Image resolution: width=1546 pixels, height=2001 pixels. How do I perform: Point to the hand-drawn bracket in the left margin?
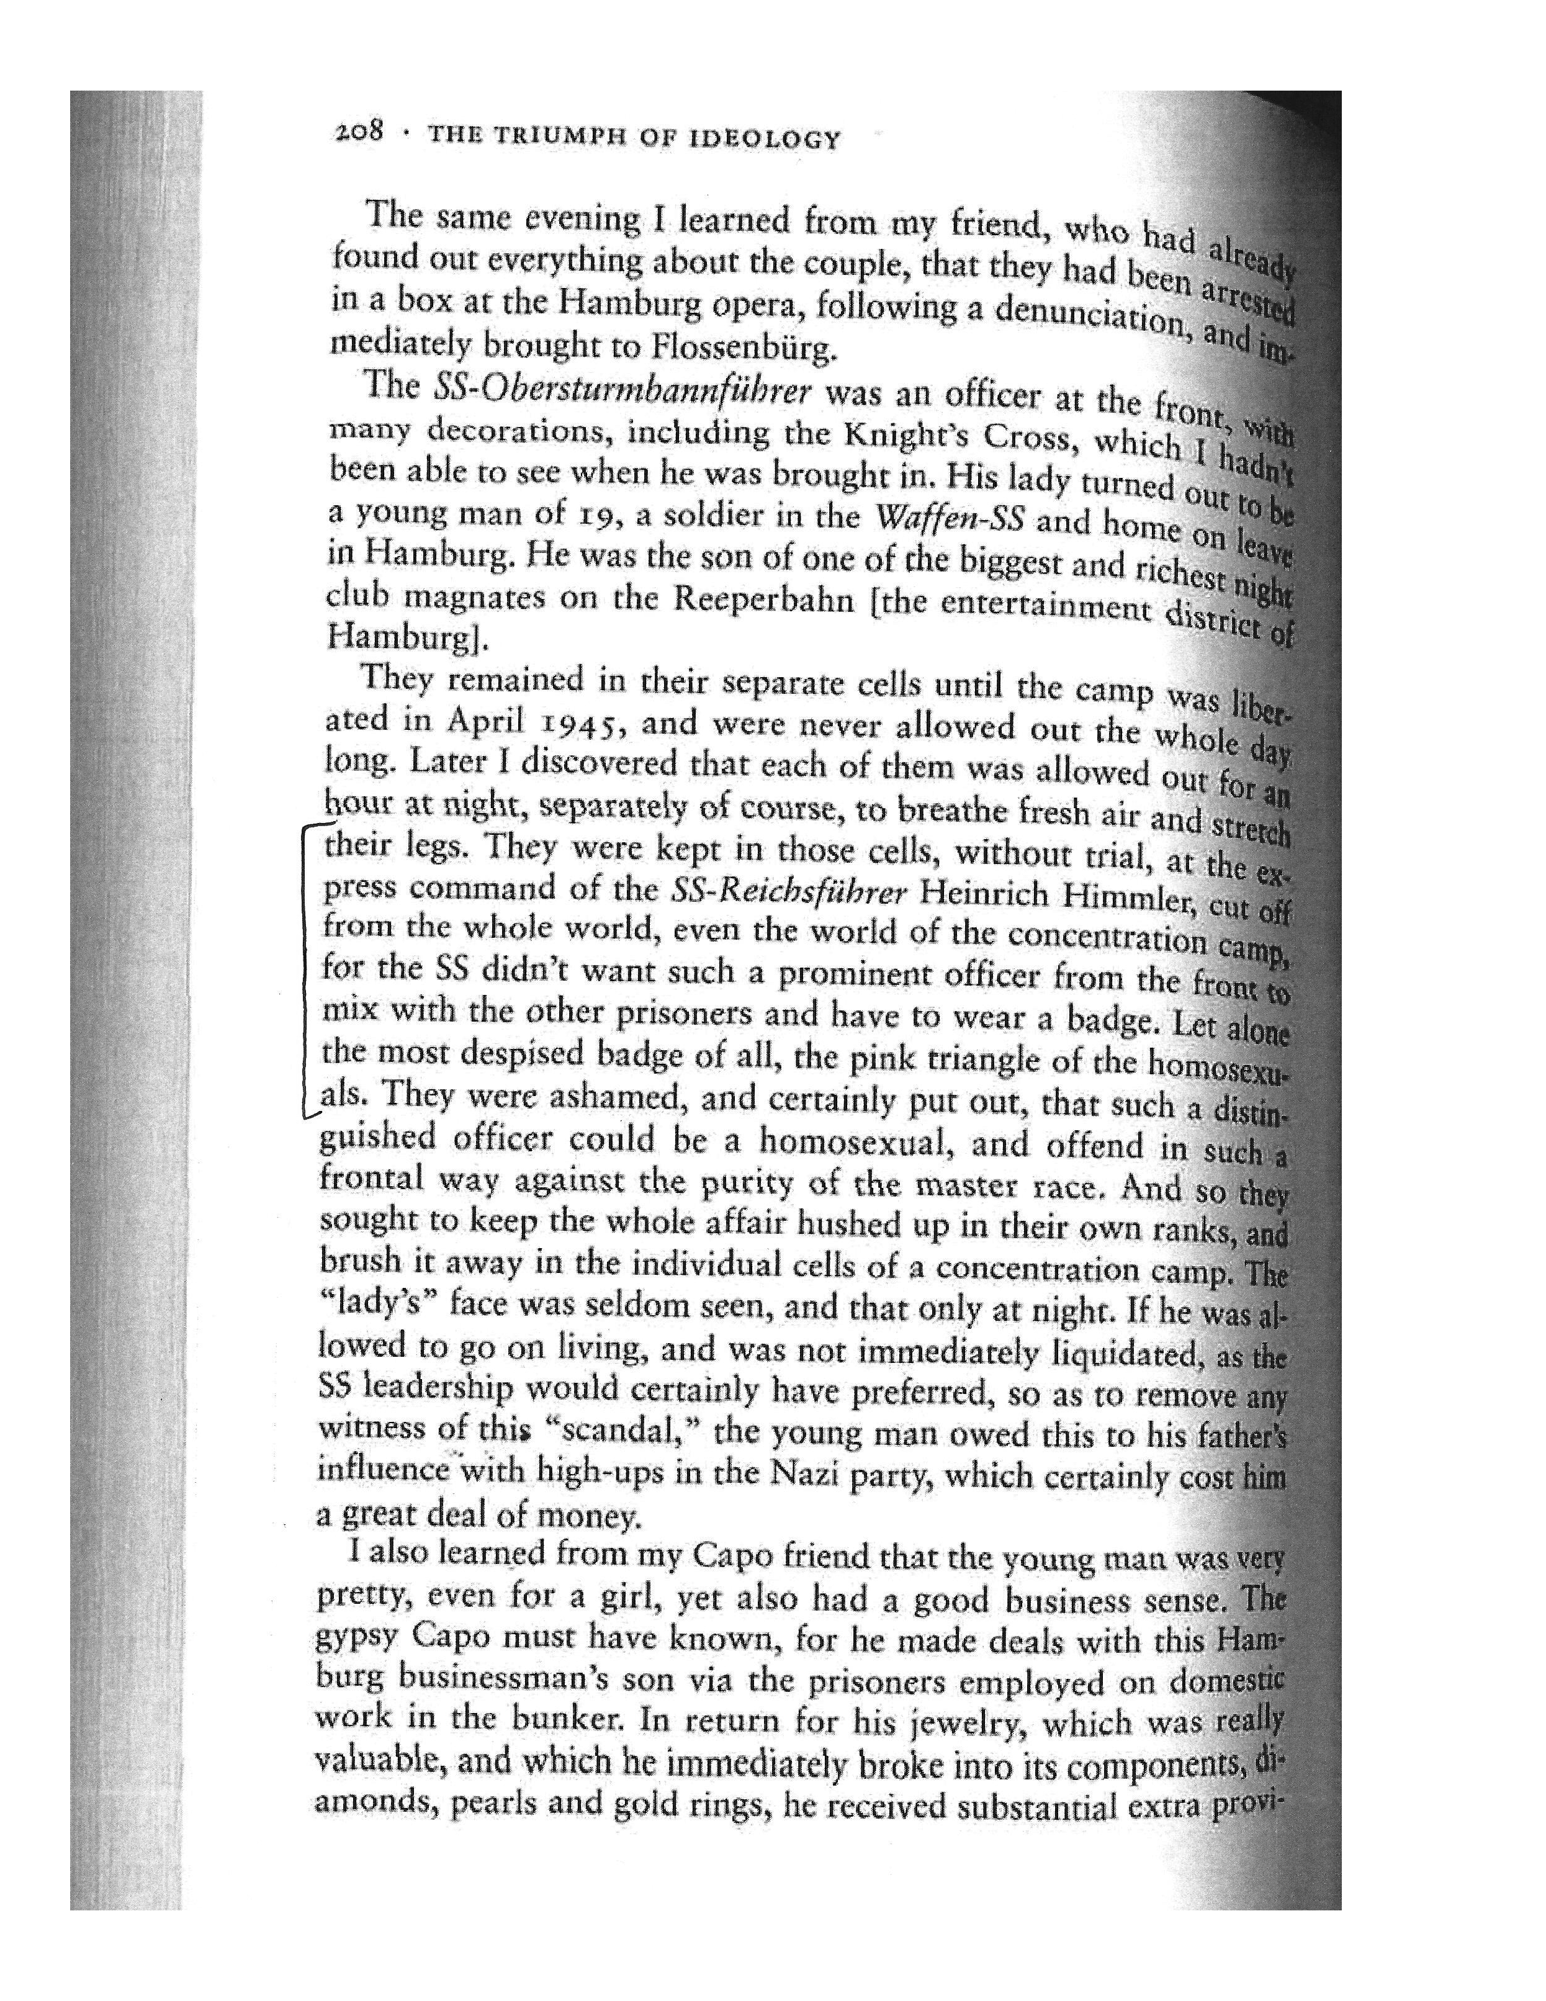point(306,971)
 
